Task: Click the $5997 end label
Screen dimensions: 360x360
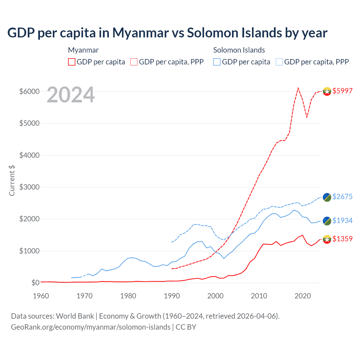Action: [342, 91]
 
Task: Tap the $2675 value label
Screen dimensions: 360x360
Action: [342, 197]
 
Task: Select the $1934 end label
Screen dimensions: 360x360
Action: [342, 220]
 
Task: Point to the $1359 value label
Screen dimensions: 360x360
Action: [342, 239]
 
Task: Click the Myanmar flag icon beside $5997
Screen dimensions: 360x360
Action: [327, 91]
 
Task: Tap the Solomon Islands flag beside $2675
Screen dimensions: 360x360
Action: [327, 197]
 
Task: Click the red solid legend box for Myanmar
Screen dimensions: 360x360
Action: [72, 62]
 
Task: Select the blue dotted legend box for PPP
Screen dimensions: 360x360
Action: [279, 62]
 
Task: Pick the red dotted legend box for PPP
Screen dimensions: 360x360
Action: [134, 62]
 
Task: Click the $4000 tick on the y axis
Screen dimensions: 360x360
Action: [29, 155]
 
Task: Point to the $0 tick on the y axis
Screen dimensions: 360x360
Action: [35, 283]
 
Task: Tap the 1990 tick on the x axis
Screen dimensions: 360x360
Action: [172, 296]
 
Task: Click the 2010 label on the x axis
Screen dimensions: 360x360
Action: [259, 296]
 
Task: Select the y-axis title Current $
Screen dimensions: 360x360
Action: [12, 181]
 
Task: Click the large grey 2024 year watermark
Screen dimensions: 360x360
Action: [71, 95]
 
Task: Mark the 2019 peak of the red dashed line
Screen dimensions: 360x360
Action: [298, 88]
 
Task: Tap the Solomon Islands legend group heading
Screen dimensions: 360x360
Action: [239, 50]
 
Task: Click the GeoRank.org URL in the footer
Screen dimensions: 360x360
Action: [91, 327]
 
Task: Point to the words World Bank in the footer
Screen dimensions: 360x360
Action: [75, 316]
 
